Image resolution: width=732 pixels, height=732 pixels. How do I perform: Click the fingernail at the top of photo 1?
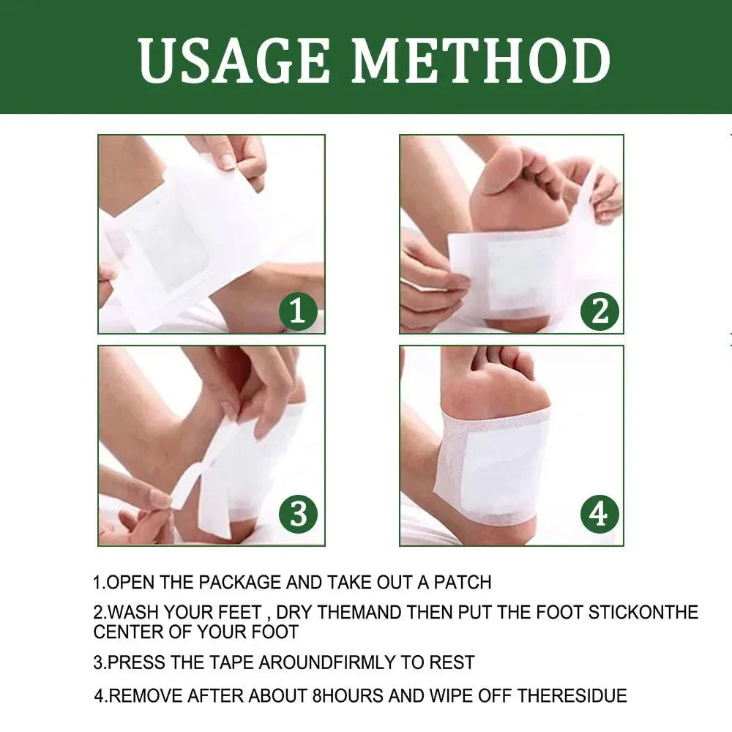pyautogui.click(x=228, y=160)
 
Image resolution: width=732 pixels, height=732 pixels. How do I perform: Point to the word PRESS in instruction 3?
pyautogui.click(x=132, y=663)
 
